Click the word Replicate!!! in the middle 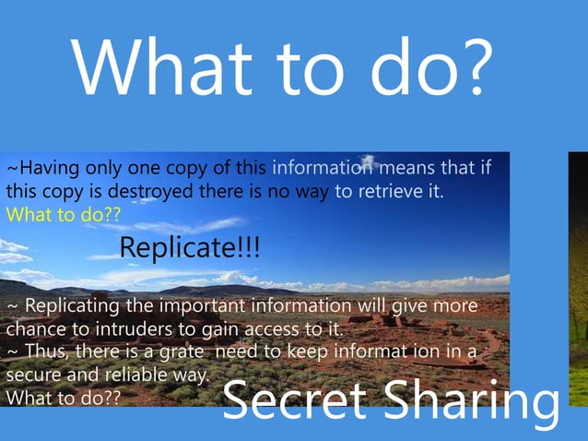tap(190, 247)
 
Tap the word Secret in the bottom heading tap(295, 402)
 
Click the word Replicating tap(70, 305)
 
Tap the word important tap(199, 305)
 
